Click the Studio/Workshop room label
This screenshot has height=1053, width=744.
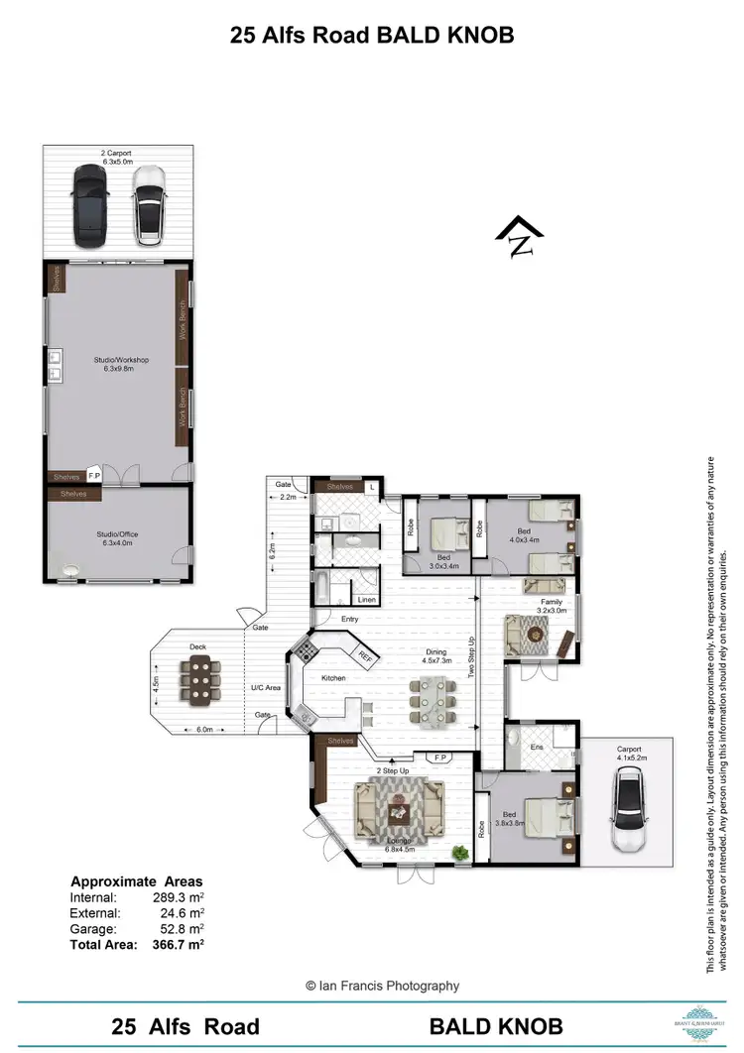(121, 364)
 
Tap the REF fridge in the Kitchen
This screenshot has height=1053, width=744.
(365, 655)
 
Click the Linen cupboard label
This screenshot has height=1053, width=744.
(366, 599)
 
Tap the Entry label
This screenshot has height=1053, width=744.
(349, 620)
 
